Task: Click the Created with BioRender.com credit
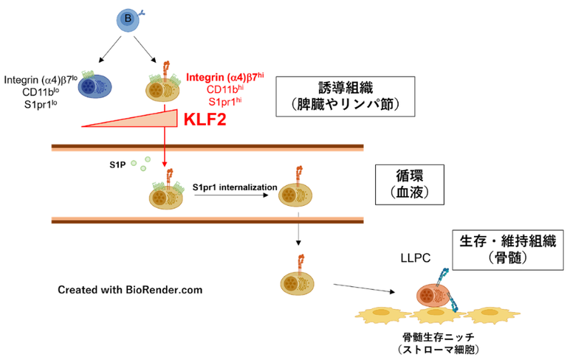click(130, 290)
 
